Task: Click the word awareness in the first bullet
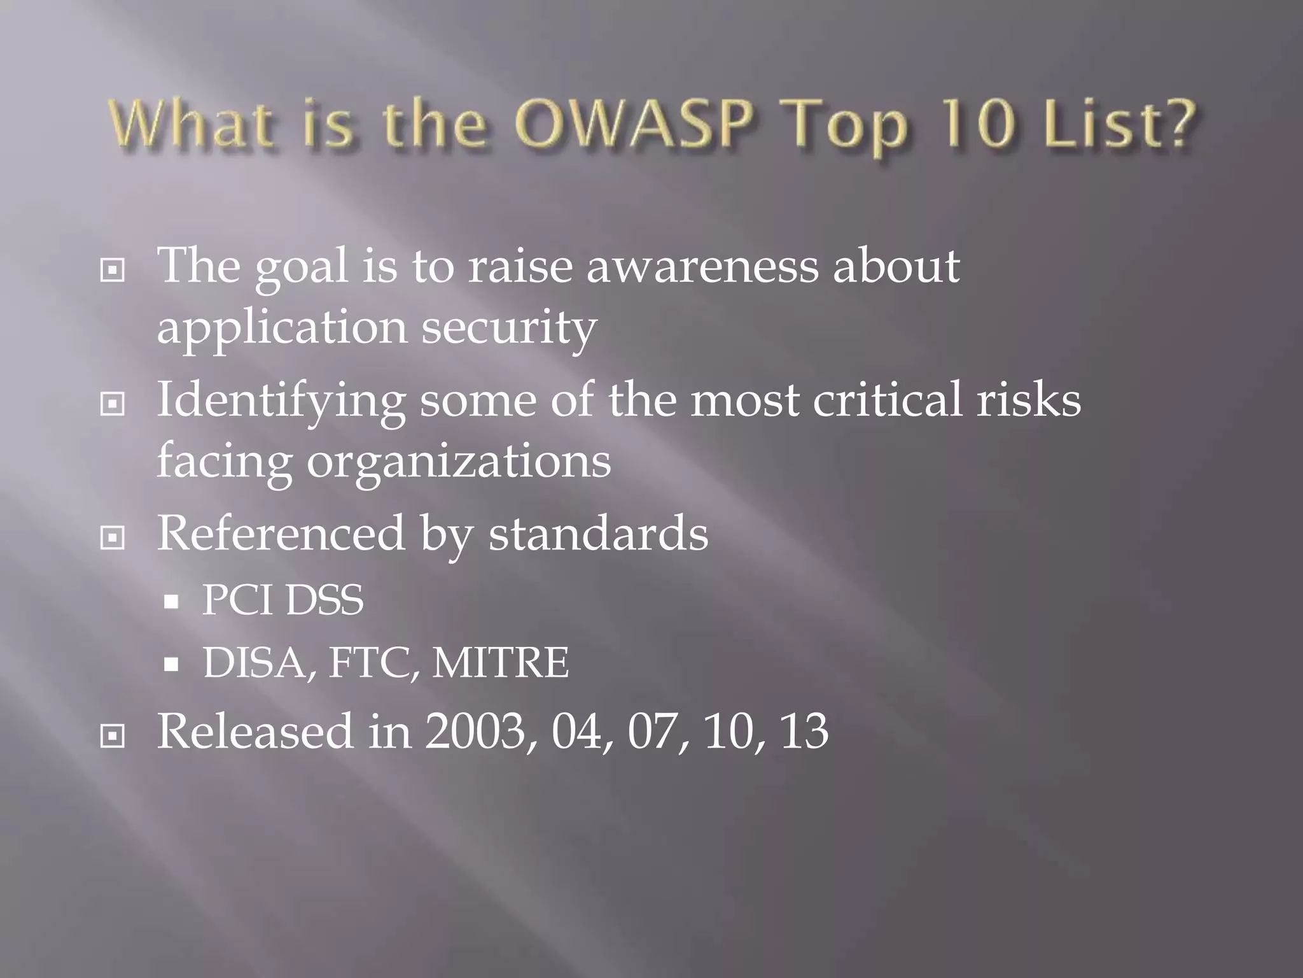click(702, 266)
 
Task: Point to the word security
click(508, 329)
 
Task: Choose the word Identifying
click(281, 401)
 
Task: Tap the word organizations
click(459, 461)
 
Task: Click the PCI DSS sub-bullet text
click(282, 600)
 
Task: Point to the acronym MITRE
click(501, 663)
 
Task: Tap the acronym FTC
click(373, 663)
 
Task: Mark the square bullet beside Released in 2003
click(113, 737)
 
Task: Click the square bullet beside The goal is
click(113, 271)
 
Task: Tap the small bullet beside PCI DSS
click(171, 602)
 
